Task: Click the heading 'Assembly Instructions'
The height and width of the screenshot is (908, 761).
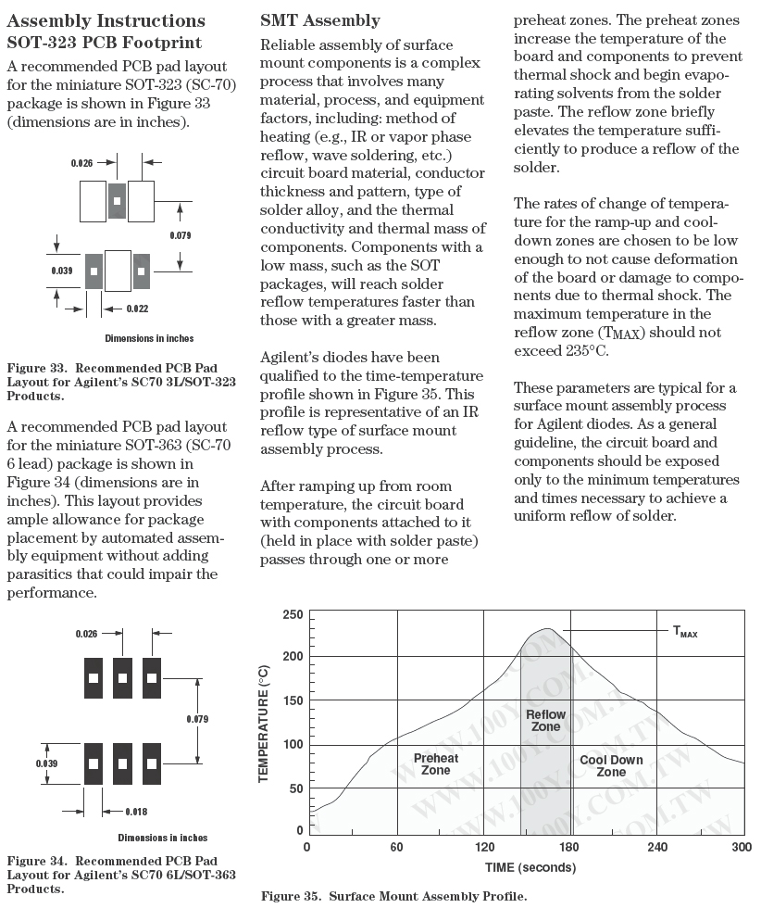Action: pyautogui.click(x=106, y=20)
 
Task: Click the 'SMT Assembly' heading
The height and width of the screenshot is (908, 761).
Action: pyautogui.click(x=320, y=20)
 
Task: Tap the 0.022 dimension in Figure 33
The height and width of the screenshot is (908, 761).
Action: pyautogui.click(x=137, y=309)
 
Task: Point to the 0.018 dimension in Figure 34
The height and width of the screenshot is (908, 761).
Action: pyautogui.click(x=136, y=812)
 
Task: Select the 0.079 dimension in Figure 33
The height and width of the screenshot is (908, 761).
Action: pyautogui.click(x=181, y=235)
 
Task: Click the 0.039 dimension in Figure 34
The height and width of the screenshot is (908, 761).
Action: pyautogui.click(x=47, y=763)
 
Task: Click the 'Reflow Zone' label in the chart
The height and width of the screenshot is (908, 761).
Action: pyautogui.click(x=545, y=721)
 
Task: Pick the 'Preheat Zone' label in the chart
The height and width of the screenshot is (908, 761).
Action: pyautogui.click(x=436, y=764)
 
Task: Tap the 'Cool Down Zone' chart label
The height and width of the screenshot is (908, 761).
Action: pyautogui.click(x=611, y=766)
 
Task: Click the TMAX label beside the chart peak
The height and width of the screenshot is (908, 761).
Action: pyautogui.click(x=685, y=632)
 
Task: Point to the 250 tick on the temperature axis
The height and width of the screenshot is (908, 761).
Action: pyautogui.click(x=293, y=615)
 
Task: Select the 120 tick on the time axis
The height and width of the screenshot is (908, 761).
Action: pyautogui.click(x=485, y=847)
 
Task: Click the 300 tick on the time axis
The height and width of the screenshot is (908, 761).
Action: pyautogui.click(x=741, y=847)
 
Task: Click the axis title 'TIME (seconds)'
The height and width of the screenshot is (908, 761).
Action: pyautogui.click(x=530, y=868)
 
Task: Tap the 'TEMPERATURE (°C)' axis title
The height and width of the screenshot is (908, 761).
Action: pyautogui.click(x=264, y=723)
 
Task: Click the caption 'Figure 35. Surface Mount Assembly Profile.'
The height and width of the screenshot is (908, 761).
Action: pyautogui.click(x=393, y=896)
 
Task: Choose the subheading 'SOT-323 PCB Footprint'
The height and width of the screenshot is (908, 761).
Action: pyautogui.click(x=105, y=43)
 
